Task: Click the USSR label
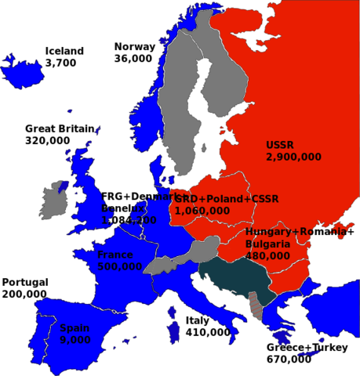[281, 145]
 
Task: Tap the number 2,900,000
[293, 157]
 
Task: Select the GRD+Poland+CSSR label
[226, 199]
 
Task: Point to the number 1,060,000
[202, 210]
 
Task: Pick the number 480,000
[267, 255]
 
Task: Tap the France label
[115, 255]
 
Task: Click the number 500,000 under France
[120, 266]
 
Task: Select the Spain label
[74, 328]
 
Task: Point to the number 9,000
[75, 340]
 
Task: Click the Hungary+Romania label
[294, 233]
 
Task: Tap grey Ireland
[53, 202]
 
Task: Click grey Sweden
[179, 117]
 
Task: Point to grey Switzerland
[160, 264]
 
